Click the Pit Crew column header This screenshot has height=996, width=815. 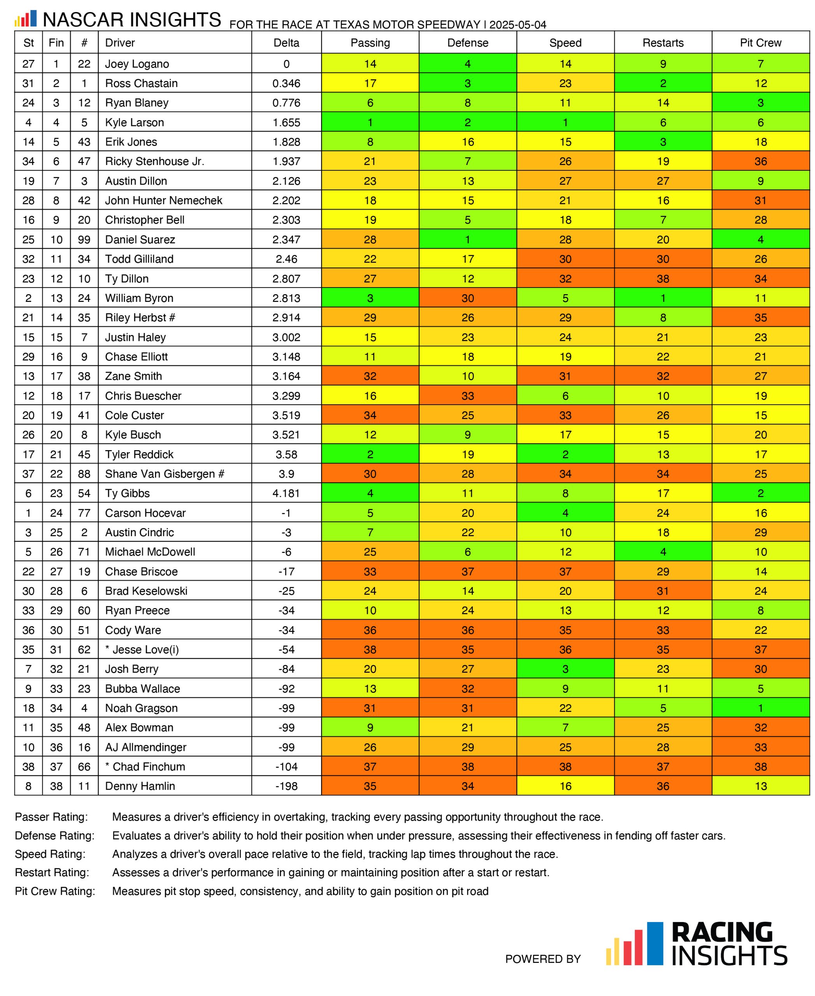tap(761, 43)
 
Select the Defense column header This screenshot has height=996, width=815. tap(467, 43)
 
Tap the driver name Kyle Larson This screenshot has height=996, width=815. tap(134, 123)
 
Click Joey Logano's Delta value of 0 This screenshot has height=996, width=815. tap(286, 64)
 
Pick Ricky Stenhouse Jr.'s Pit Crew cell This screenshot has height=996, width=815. tap(761, 161)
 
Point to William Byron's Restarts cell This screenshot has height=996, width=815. tap(663, 298)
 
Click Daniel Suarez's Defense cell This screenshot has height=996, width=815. tap(467, 239)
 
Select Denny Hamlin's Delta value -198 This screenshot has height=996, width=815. tap(286, 786)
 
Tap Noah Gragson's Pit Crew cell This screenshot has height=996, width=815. tap(761, 708)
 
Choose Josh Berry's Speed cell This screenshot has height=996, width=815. tap(565, 669)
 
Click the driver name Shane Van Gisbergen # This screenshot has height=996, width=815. tap(164, 474)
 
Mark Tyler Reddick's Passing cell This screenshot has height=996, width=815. tap(370, 454)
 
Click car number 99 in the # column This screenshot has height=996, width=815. tap(84, 239)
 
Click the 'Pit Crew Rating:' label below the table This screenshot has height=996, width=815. tap(55, 891)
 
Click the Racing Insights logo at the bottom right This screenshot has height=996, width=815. tap(696, 943)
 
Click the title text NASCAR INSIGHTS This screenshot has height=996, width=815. tap(132, 20)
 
